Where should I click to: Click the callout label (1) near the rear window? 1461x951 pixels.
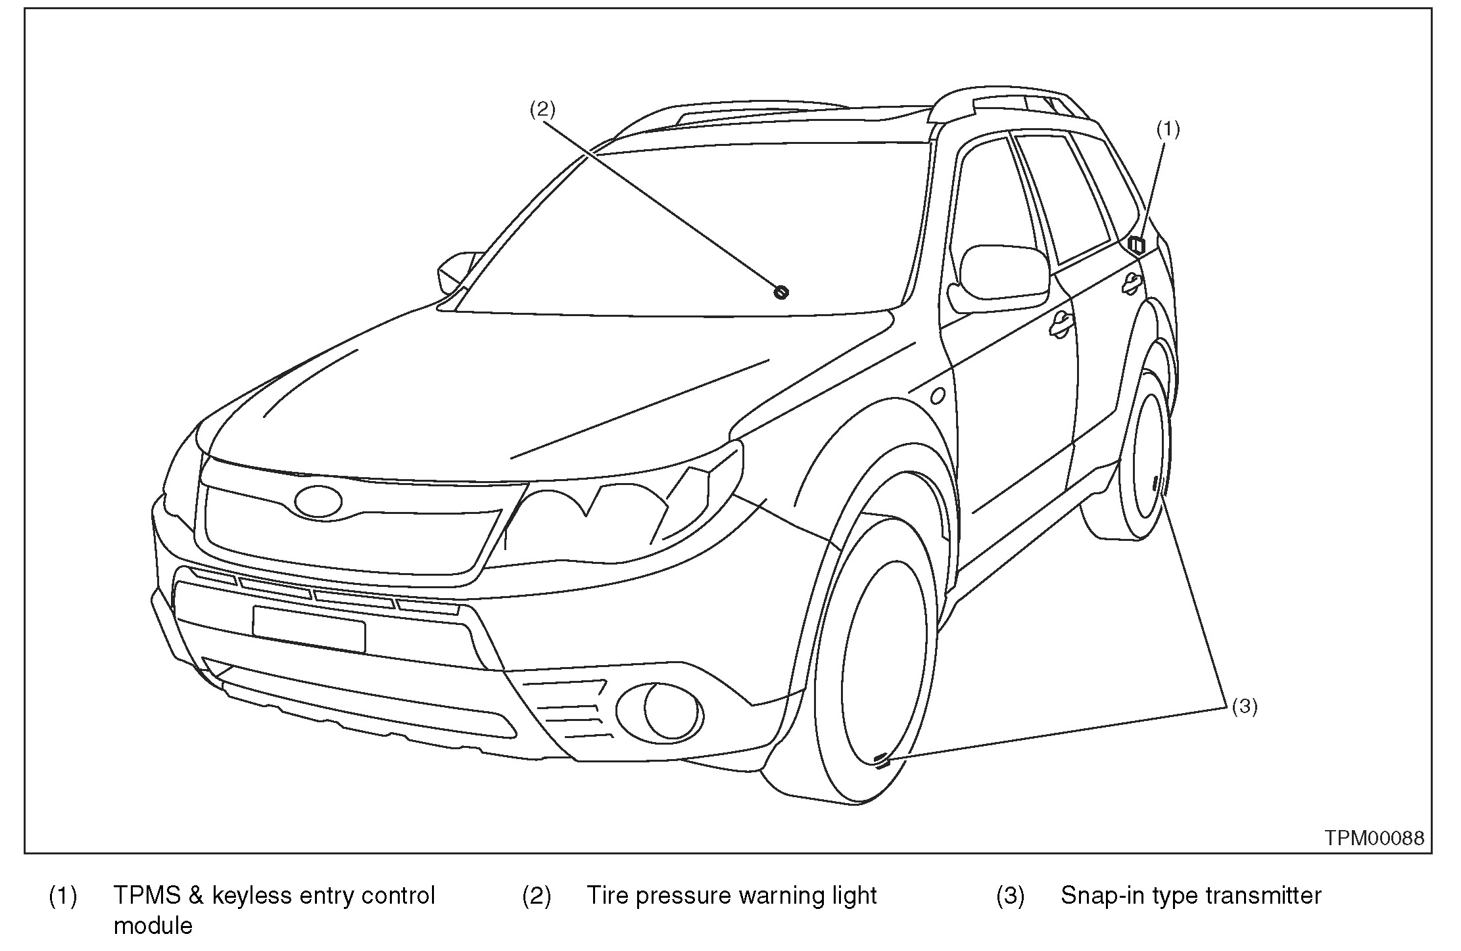[1168, 129]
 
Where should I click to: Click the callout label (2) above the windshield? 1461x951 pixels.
[542, 109]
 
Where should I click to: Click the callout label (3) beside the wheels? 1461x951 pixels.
[1244, 707]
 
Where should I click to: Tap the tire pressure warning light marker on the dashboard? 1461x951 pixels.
[782, 292]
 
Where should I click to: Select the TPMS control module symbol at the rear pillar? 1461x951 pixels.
[1137, 244]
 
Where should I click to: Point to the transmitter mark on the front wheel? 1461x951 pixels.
[881, 760]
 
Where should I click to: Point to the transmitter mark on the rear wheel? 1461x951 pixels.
[1155, 485]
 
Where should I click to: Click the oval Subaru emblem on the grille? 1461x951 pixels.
[318, 502]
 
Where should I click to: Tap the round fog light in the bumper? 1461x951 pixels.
[660, 709]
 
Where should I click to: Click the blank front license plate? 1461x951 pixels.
[308, 629]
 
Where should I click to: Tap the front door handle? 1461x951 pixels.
[1059, 325]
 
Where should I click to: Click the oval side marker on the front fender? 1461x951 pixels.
[938, 396]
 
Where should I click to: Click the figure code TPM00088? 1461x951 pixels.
[1374, 838]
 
